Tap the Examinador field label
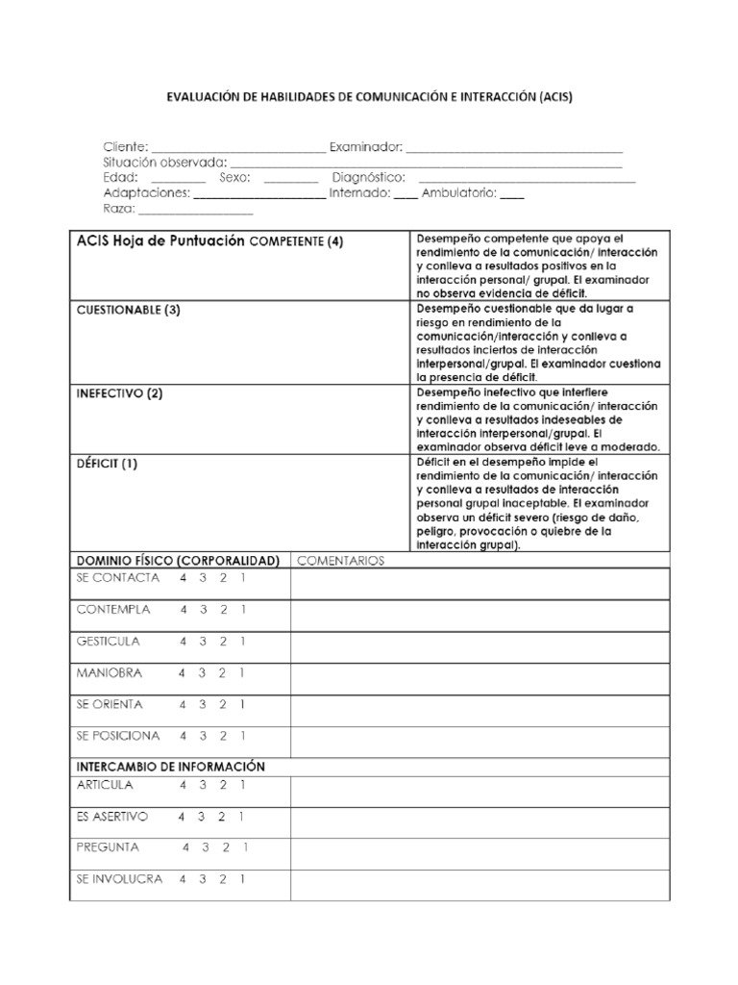pyautogui.click(x=366, y=147)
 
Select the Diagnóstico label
pyautogui.click(x=368, y=178)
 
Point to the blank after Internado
pyautogui.click(x=406, y=193)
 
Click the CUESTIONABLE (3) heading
pyautogui.click(x=128, y=310)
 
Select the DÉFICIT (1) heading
pyautogui.click(x=107, y=464)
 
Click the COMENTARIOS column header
pyautogui.click(x=340, y=560)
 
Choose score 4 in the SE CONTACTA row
pyautogui.click(x=182, y=578)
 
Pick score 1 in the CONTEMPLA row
pyautogui.click(x=243, y=609)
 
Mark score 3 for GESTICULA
pyautogui.click(x=202, y=641)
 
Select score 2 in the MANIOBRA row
pyautogui.click(x=222, y=672)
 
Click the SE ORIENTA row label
pyautogui.click(x=110, y=704)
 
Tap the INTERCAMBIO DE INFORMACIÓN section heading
pyautogui.click(x=170, y=767)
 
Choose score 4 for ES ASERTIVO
pyautogui.click(x=181, y=817)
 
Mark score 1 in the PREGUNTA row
pyautogui.click(x=246, y=847)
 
